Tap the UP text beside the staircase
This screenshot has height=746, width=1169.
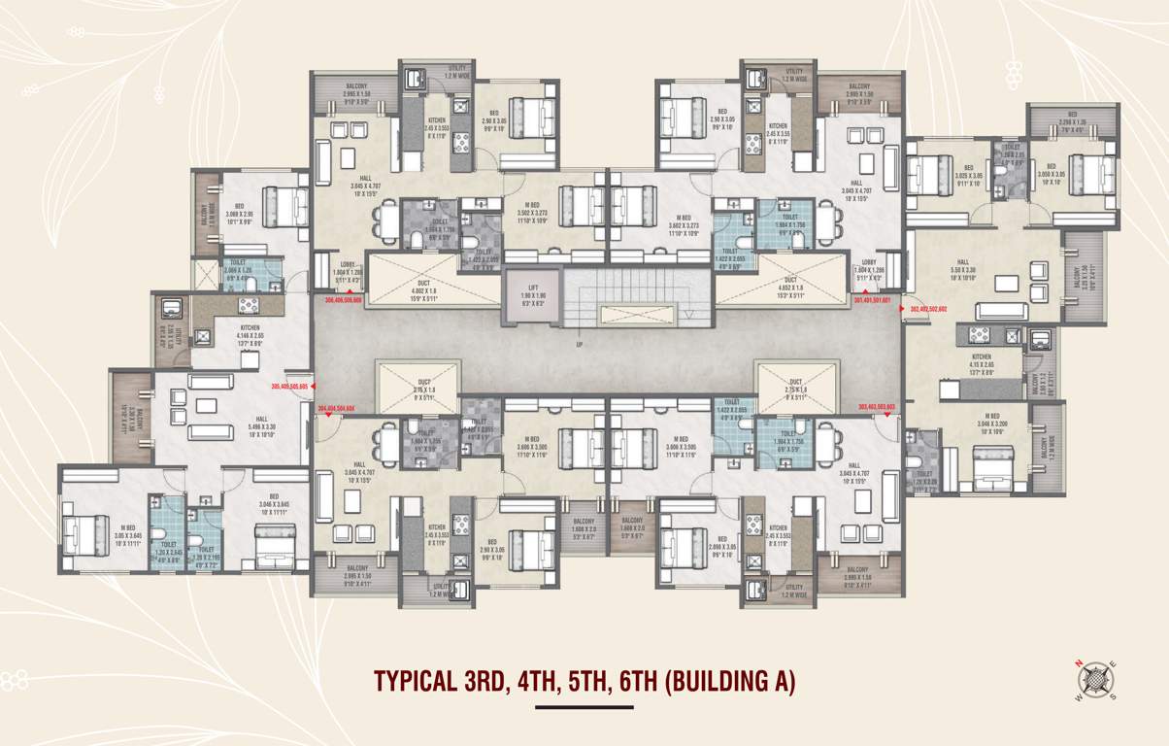pos(580,345)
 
